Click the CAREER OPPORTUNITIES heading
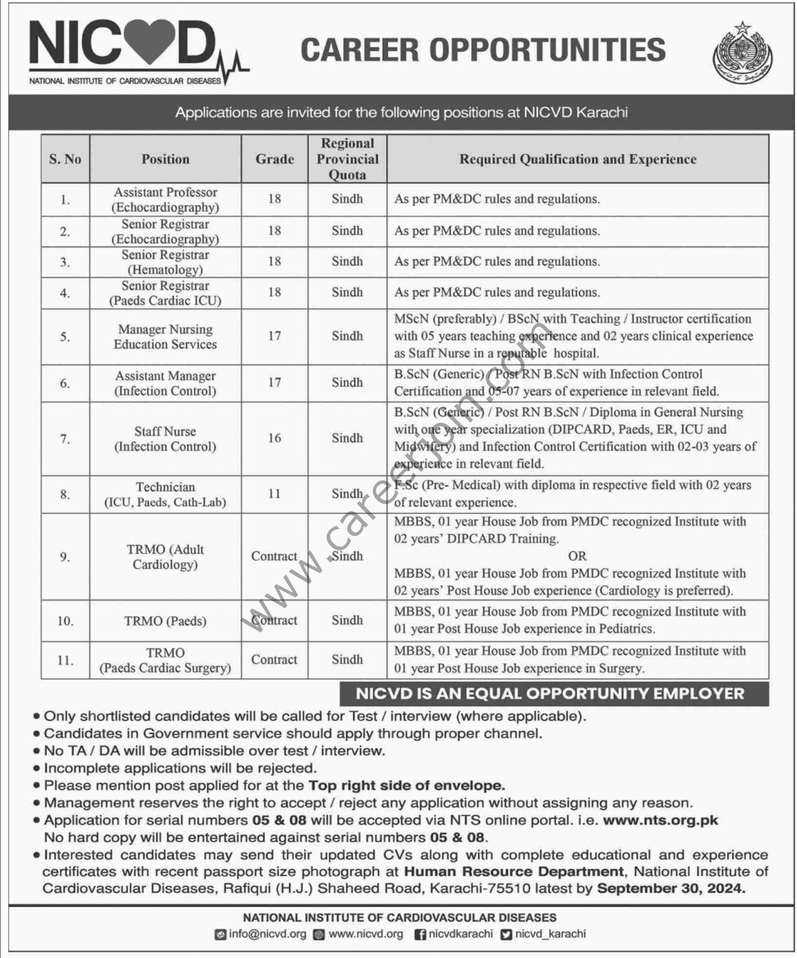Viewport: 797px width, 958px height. [x=483, y=50]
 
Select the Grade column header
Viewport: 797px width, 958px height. [x=274, y=159]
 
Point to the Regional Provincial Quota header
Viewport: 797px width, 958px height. [x=347, y=159]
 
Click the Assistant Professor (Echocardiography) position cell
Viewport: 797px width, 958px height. [x=165, y=200]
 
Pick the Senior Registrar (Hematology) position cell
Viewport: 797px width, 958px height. [x=165, y=262]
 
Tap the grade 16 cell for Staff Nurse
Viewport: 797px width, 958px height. [x=274, y=438]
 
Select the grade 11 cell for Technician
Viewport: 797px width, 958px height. [x=274, y=493]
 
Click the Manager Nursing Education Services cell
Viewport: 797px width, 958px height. [x=165, y=337]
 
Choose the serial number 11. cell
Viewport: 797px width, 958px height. [x=65, y=660]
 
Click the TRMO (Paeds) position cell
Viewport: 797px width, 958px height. [x=165, y=621]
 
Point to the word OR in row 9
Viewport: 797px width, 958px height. [x=577, y=556]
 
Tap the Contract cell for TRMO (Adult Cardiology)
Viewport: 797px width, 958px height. [x=274, y=556]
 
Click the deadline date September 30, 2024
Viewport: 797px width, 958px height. [x=671, y=888]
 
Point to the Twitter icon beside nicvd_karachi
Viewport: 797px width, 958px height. [x=506, y=934]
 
